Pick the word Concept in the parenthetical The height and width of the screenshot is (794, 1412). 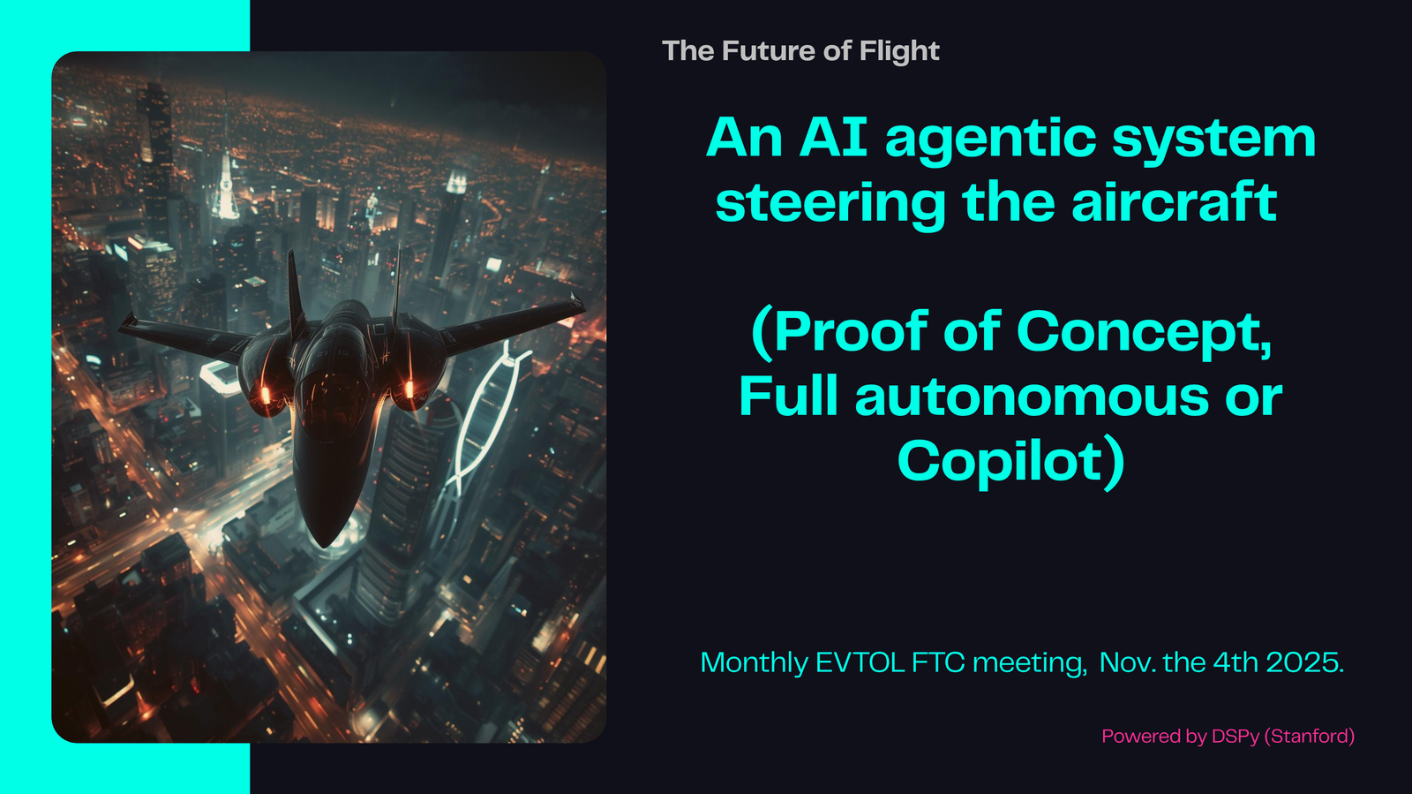coord(1144,334)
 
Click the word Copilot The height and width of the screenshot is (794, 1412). coord(1003,462)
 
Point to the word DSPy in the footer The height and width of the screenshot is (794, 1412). coord(1235,737)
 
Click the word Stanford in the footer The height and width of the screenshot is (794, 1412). coord(1310,736)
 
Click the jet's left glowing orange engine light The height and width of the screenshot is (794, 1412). coord(266,396)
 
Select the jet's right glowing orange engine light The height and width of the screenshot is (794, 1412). coord(409,389)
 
